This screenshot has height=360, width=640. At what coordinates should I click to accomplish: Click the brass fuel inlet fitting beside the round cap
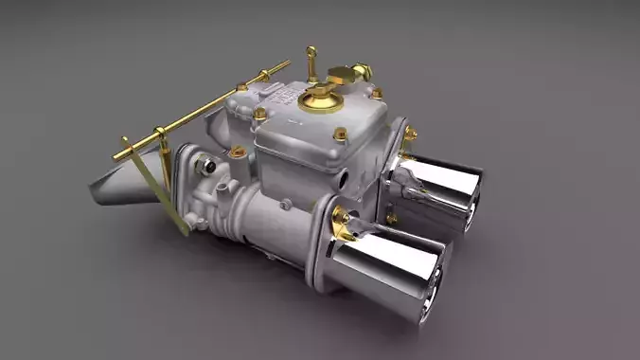click(357, 72)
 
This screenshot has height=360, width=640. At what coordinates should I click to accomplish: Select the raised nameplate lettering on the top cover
click(282, 96)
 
